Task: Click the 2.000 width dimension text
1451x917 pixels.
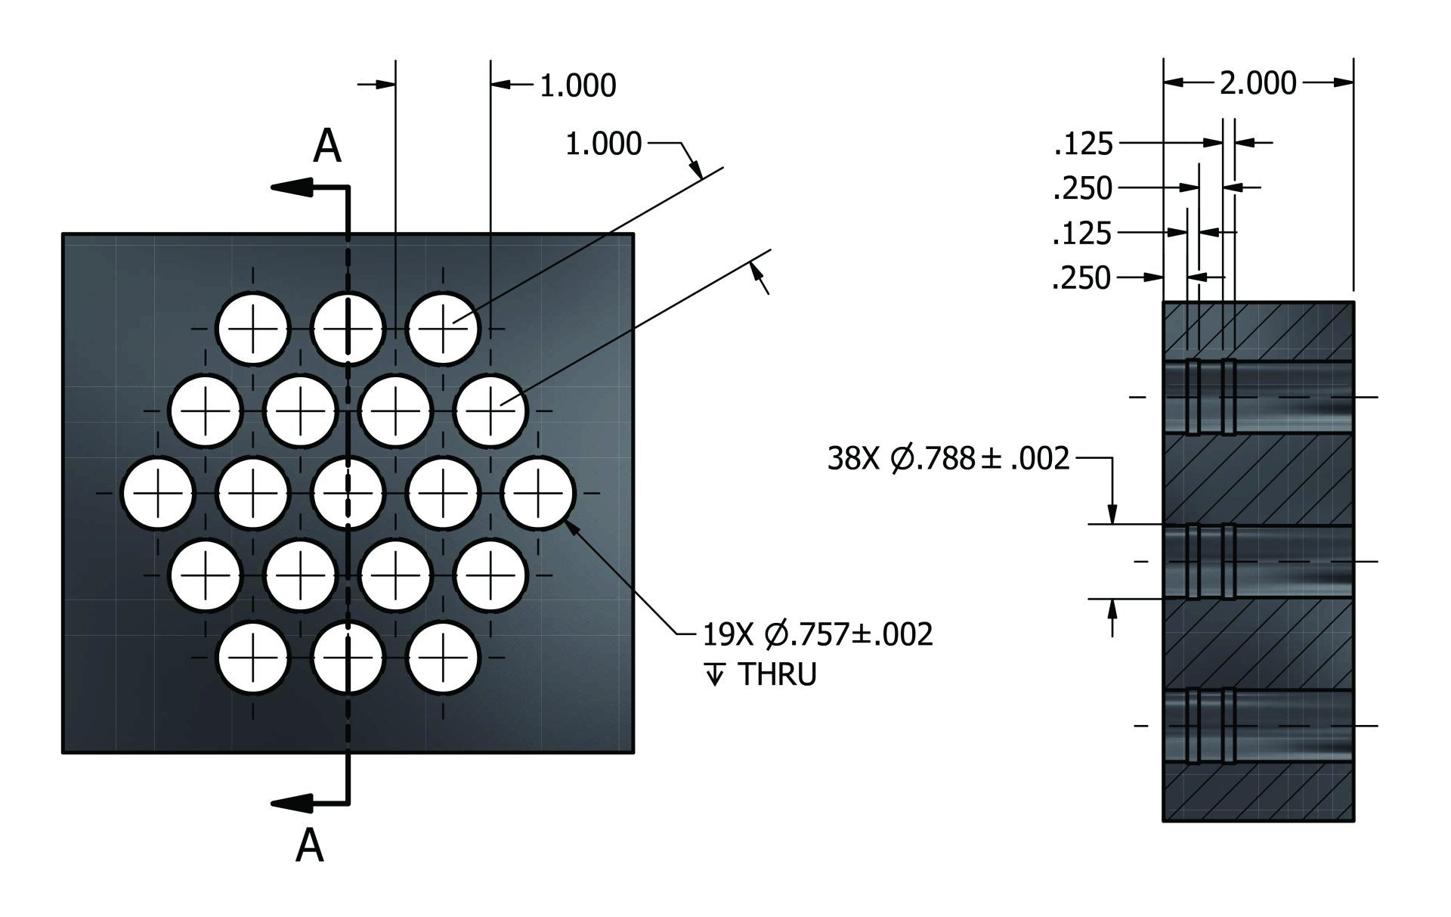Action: [x=1258, y=83]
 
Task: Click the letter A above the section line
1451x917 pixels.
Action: [x=326, y=146]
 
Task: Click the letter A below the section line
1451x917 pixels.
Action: [x=309, y=845]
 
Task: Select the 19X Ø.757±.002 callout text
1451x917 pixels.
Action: [x=818, y=635]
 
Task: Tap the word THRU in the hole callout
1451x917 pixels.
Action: [x=777, y=675]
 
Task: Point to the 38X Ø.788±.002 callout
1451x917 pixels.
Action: [x=948, y=458]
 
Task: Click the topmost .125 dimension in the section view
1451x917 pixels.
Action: [x=1083, y=143]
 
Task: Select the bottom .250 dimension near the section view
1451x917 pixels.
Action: [x=1081, y=278]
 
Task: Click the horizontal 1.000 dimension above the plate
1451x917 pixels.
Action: [x=577, y=86]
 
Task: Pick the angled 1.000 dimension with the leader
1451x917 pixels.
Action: [x=603, y=144]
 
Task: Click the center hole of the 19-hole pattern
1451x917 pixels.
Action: [x=348, y=493]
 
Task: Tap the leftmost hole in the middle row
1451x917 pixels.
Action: [x=158, y=493]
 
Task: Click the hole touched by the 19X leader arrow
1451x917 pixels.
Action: [x=538, y=493]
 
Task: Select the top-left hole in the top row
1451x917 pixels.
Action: [x=253, y=329]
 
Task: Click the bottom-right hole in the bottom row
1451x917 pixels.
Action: [x=444, y=657]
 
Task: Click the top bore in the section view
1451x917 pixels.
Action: [x=1258, y=398]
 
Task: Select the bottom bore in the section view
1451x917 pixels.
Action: [x=1258, y=726]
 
